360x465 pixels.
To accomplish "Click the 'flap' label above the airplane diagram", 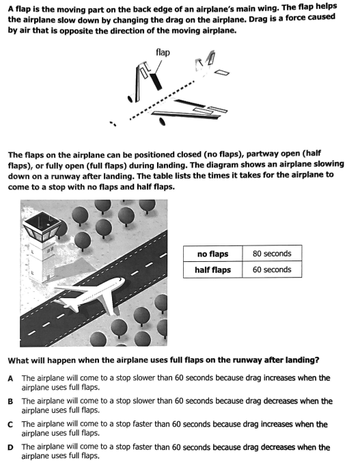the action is [163, 53].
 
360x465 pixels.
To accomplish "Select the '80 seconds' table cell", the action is [272, 254].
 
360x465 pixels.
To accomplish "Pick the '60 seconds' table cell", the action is [272, 269].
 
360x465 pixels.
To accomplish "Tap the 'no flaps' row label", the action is [212, 254].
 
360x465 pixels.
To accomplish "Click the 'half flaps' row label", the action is [212, 270].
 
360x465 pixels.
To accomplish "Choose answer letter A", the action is [10, 378].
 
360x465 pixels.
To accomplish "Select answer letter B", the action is [10, 401].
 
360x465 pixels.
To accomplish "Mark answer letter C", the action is [10, 425].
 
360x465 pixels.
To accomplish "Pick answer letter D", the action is [10, 447].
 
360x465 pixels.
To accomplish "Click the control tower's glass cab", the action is [40, 226].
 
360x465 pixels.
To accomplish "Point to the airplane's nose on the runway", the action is [122, 280].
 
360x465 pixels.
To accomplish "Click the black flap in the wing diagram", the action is [156, 81].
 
